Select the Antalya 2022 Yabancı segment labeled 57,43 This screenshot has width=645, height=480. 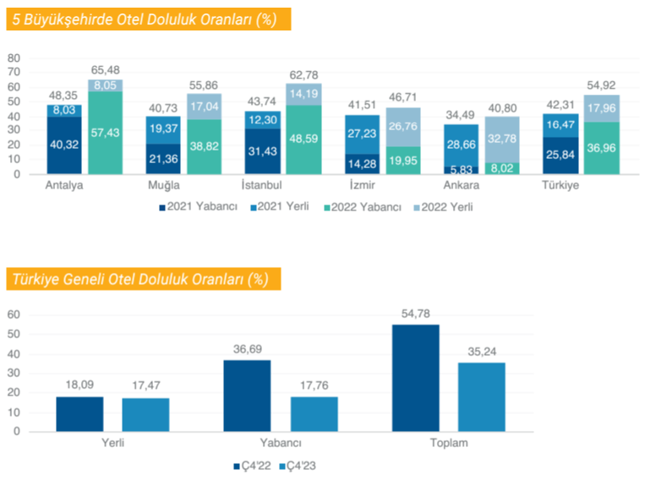tap(106, 133)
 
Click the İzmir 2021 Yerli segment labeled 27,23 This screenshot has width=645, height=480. tap(361, 134)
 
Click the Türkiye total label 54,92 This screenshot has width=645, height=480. tap(601, 86)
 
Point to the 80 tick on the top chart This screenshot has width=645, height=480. tap(14, 57)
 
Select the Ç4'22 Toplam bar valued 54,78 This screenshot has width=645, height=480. tap(416, 378)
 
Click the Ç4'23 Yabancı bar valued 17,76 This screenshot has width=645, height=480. tap(314, 414)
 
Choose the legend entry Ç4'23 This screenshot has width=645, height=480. tap(295, 466)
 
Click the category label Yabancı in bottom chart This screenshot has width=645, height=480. tap(282, 443)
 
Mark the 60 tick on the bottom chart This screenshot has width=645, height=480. tap(14, 314)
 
